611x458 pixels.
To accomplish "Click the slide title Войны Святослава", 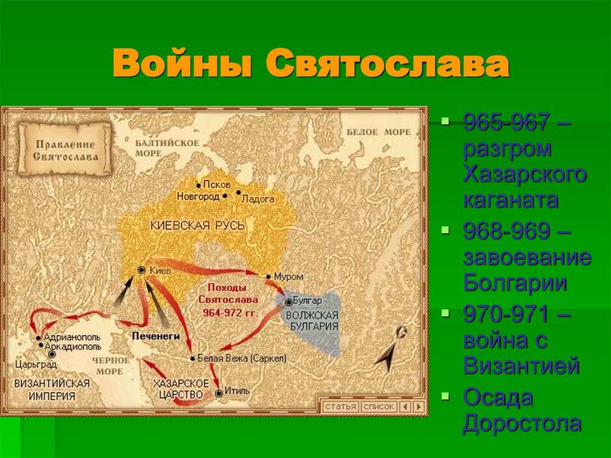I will (310, 66).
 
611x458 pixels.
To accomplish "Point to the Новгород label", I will (199, 196).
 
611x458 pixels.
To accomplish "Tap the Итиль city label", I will (237, 392).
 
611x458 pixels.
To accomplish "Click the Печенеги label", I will (156, 336).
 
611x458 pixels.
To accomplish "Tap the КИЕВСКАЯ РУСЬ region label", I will (198, 226).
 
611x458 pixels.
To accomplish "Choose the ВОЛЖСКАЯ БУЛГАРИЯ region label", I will (312, 321).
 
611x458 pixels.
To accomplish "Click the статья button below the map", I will (340, 407).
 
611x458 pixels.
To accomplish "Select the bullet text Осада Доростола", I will (521, 410).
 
